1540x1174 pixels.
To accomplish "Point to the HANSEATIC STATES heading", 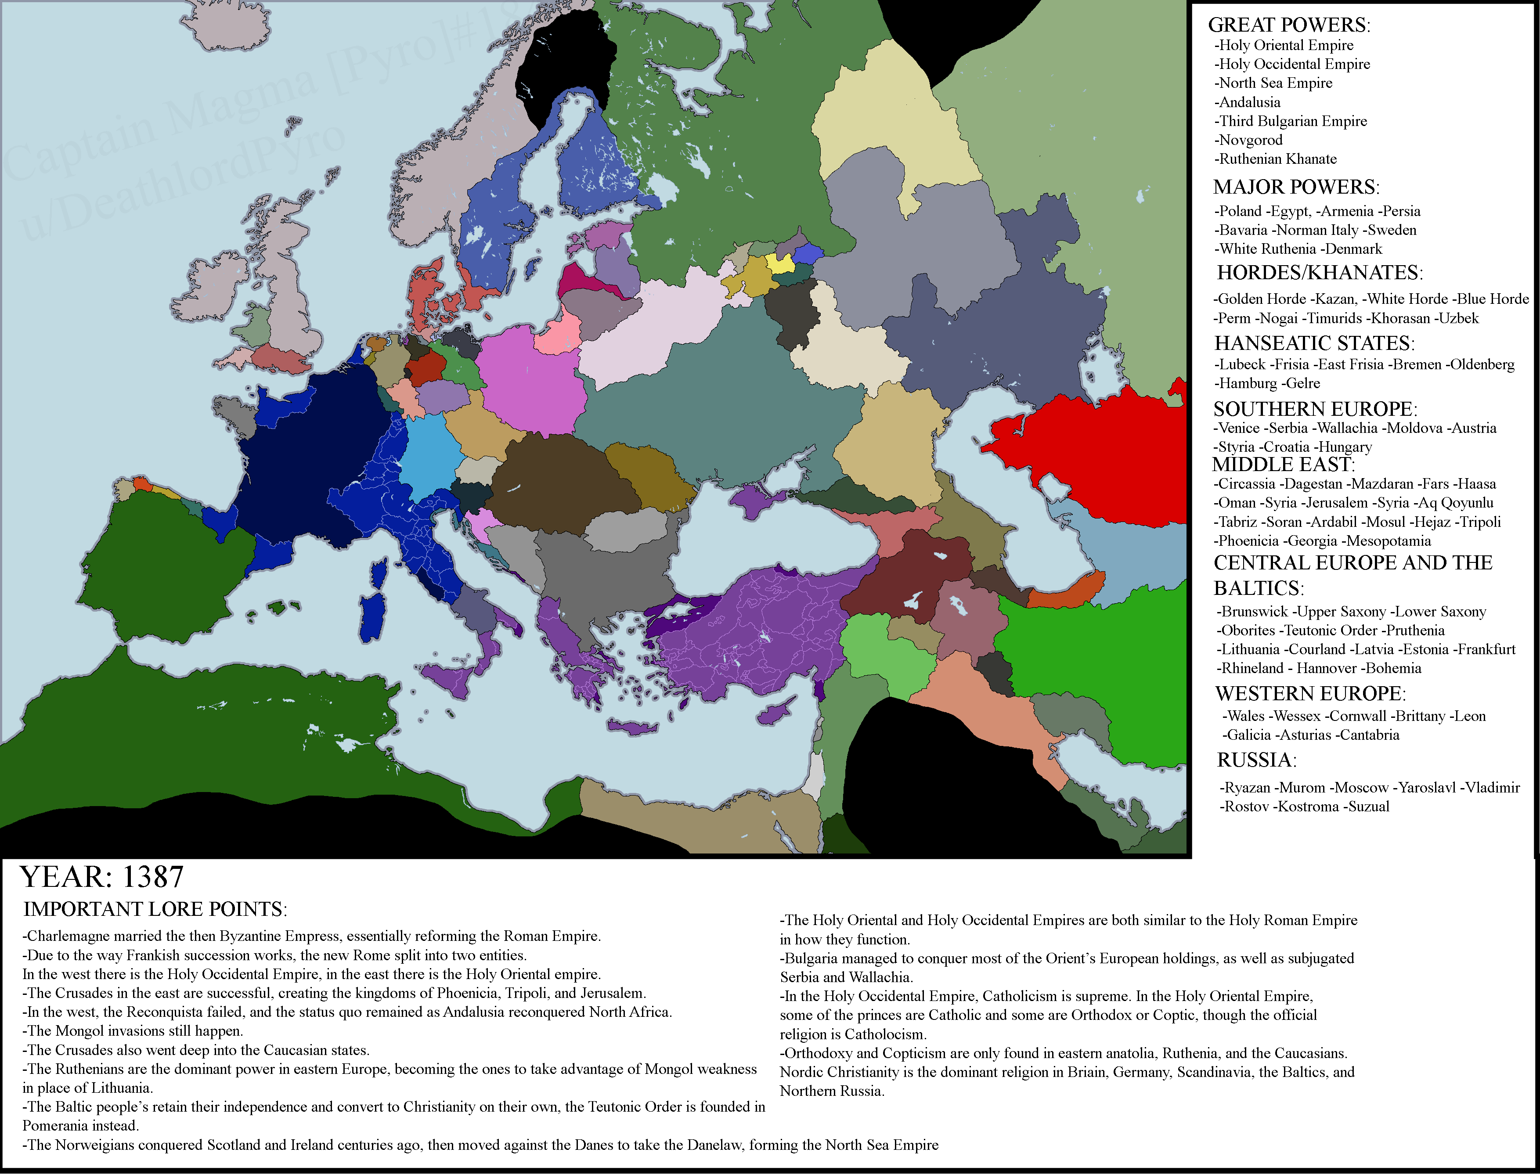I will coord(1313,343).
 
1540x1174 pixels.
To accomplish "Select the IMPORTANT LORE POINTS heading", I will coord(155,909).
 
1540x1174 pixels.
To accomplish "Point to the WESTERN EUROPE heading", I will coord(1310,694).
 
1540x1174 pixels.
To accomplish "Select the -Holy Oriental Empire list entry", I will coord(1284,45).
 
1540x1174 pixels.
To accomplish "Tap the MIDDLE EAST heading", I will coord(1283,465).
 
